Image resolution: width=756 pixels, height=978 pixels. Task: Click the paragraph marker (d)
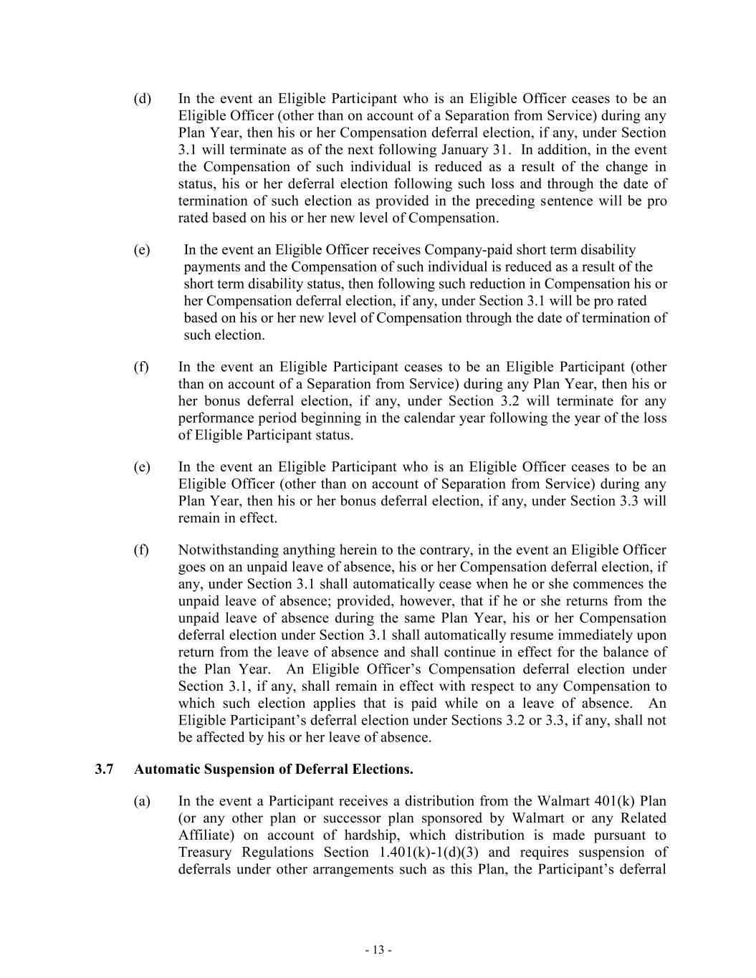142,99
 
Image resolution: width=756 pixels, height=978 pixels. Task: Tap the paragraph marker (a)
142,801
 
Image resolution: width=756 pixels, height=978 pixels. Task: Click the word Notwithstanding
227,550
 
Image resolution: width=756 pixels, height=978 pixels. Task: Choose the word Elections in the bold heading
383,770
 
